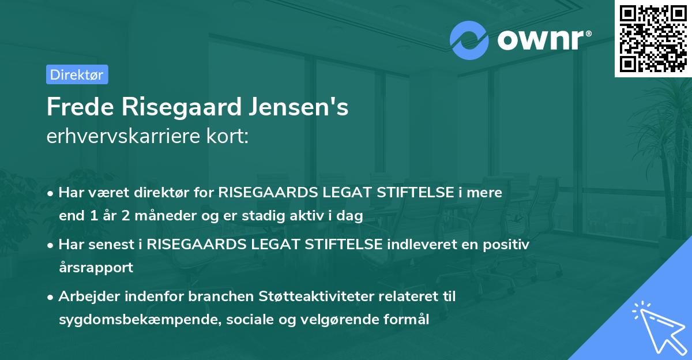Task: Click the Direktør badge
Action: (x=77, y=74)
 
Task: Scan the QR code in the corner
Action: (x=652, y=38)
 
